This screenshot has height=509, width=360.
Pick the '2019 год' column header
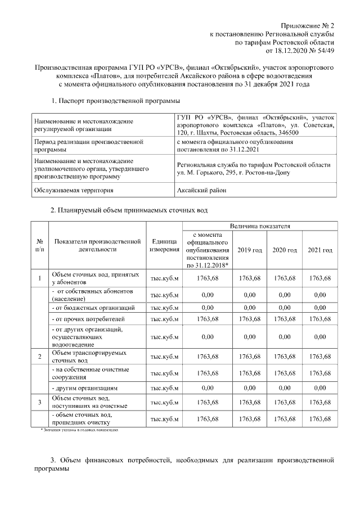click(x=250, y=250)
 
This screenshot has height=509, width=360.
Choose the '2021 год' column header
click(x=319, y=250)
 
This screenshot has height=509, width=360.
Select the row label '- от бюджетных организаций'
click(x=93, y=308)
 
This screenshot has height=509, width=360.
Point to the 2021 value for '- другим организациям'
click(x=319, y=388)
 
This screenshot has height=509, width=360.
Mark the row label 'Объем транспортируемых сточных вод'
click(x=88, y=357)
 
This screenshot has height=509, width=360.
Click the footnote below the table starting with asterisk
click(x=79, y=429)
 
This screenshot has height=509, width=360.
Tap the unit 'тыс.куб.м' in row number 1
click(x=164, y=278)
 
